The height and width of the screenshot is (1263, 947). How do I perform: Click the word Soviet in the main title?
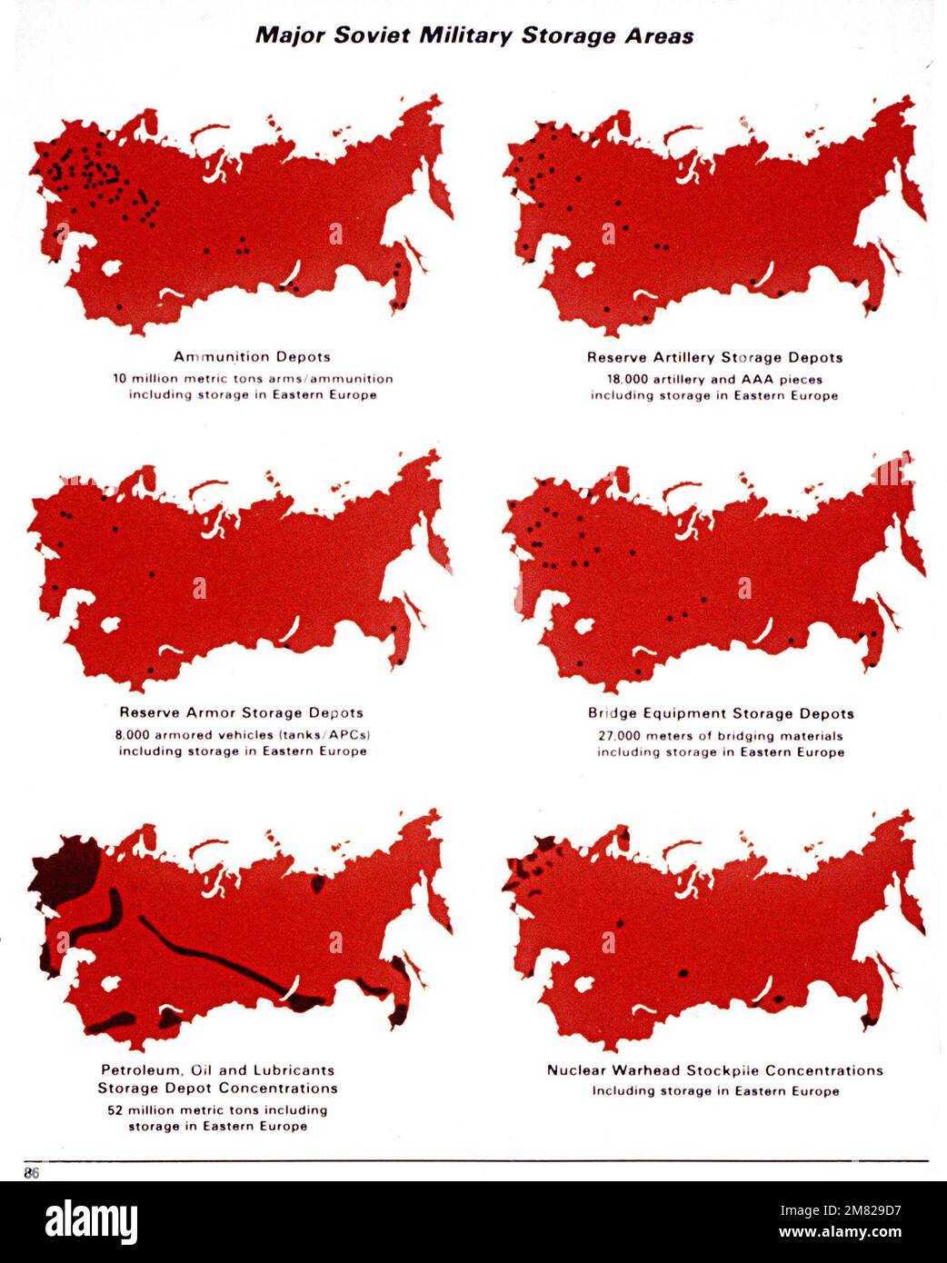374,35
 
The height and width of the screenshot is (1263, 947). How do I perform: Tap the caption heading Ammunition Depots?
252,357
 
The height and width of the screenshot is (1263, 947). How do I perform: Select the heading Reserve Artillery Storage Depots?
714,358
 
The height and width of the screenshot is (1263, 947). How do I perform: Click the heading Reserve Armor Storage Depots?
241,713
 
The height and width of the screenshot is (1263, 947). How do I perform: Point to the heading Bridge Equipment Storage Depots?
721,714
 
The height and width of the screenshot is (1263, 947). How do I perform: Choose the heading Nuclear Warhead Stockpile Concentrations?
714,1070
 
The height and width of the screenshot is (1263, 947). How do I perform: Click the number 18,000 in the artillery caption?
627,380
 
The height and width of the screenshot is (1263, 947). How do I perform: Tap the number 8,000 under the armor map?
133,735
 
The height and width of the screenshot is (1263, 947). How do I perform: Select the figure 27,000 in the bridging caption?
618,736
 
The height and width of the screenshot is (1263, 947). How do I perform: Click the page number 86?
32,1173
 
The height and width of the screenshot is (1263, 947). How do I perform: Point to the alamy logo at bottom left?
91,1221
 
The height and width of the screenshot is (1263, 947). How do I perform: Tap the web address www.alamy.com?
847,1233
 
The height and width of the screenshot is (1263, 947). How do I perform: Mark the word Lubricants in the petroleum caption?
290,1070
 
